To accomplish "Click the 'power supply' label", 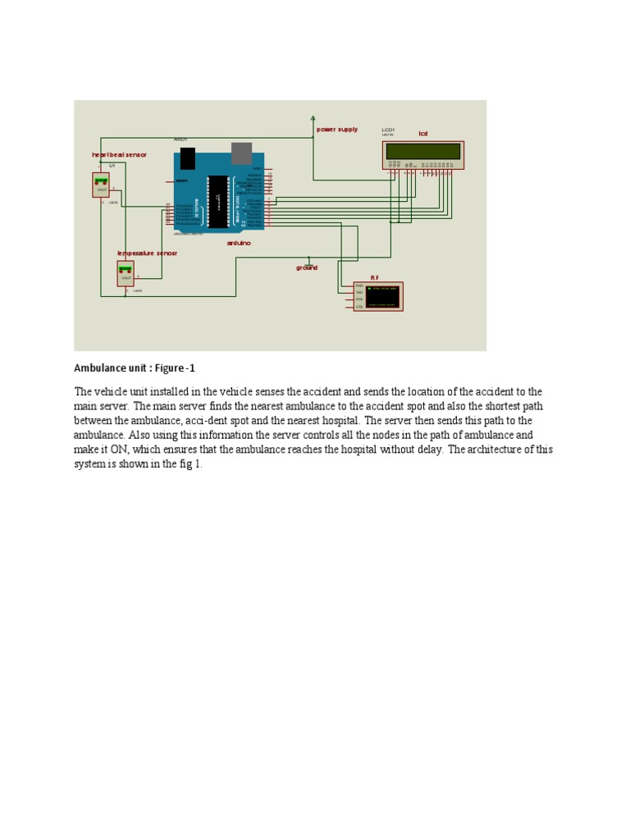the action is point(337,130).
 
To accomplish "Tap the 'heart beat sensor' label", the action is point(119,154).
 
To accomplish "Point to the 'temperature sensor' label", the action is point(147,253).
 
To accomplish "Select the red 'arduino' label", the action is point(239,243).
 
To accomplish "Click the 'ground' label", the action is point(307,268).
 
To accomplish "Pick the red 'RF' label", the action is point(374,278).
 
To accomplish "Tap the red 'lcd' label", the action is point(423,134).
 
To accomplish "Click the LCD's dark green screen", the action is point(422,152).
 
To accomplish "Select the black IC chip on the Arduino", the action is point(217,202).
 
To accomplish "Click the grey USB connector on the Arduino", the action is point(241,153).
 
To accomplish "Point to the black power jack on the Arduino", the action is point(188,157).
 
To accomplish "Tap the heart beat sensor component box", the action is point(101,185).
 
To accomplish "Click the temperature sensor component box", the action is point(126,273).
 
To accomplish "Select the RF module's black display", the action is point(382,296).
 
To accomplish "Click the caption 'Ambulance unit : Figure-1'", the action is point(135,368).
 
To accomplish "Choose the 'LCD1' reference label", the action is point(388,130).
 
